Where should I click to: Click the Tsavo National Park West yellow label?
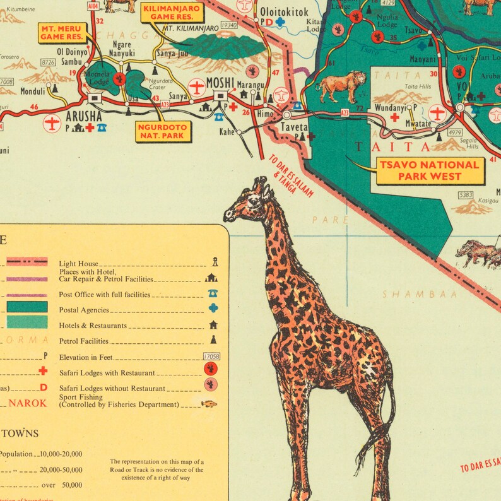[x=430, y=170]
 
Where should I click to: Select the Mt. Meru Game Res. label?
[x=62, y=33]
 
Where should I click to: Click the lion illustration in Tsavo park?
[x=341, y=85]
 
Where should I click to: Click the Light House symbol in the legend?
[x=215, y=262]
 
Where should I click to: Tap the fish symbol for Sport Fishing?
[x=209, y=404]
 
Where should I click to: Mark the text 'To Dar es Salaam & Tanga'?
[x=290, y=177]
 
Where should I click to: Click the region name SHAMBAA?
[x=410, y=294]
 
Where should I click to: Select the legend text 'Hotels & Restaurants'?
[x=93, y=326]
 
